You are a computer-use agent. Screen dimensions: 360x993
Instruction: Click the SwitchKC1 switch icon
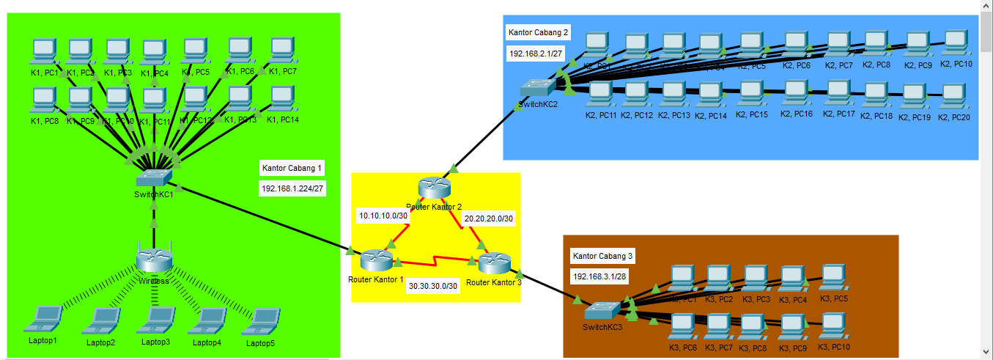[154, 177]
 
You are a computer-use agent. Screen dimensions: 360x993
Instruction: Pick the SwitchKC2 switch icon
[539, 87]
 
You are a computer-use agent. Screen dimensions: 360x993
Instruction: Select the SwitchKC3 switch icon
[602, 309]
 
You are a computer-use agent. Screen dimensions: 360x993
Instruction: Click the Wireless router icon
[154, 259]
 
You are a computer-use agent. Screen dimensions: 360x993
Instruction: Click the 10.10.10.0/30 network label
[383, 216]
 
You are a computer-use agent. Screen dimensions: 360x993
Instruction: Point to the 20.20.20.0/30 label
[490, 218]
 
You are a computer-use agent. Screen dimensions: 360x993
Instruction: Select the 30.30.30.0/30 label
[433, 286]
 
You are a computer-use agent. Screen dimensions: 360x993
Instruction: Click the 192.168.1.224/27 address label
[293, 188]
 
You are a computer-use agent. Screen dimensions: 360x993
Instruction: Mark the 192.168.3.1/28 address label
[598, 276]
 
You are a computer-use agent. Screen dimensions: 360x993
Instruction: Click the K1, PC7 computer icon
[282, 51]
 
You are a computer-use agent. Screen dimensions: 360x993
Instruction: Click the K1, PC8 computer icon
[45, 98]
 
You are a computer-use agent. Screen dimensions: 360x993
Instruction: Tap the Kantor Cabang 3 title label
[603, 256]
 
